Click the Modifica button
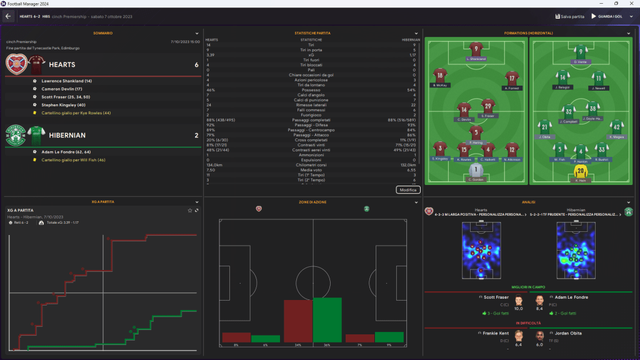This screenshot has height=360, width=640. (408, 189)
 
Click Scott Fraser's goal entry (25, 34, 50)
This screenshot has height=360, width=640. (66, 97)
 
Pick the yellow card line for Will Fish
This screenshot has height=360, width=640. (71, 160)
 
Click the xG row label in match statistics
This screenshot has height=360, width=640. (311, 54)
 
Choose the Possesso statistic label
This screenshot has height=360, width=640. (311, 90)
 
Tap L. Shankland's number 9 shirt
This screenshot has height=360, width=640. (476, 49)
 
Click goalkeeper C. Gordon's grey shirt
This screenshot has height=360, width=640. (476, 170)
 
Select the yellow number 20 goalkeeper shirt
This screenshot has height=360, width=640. (581, 171)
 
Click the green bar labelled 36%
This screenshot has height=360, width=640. (327, 319)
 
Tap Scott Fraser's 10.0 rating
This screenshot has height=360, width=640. (518, 307)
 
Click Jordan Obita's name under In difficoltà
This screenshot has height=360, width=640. (569, 333)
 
